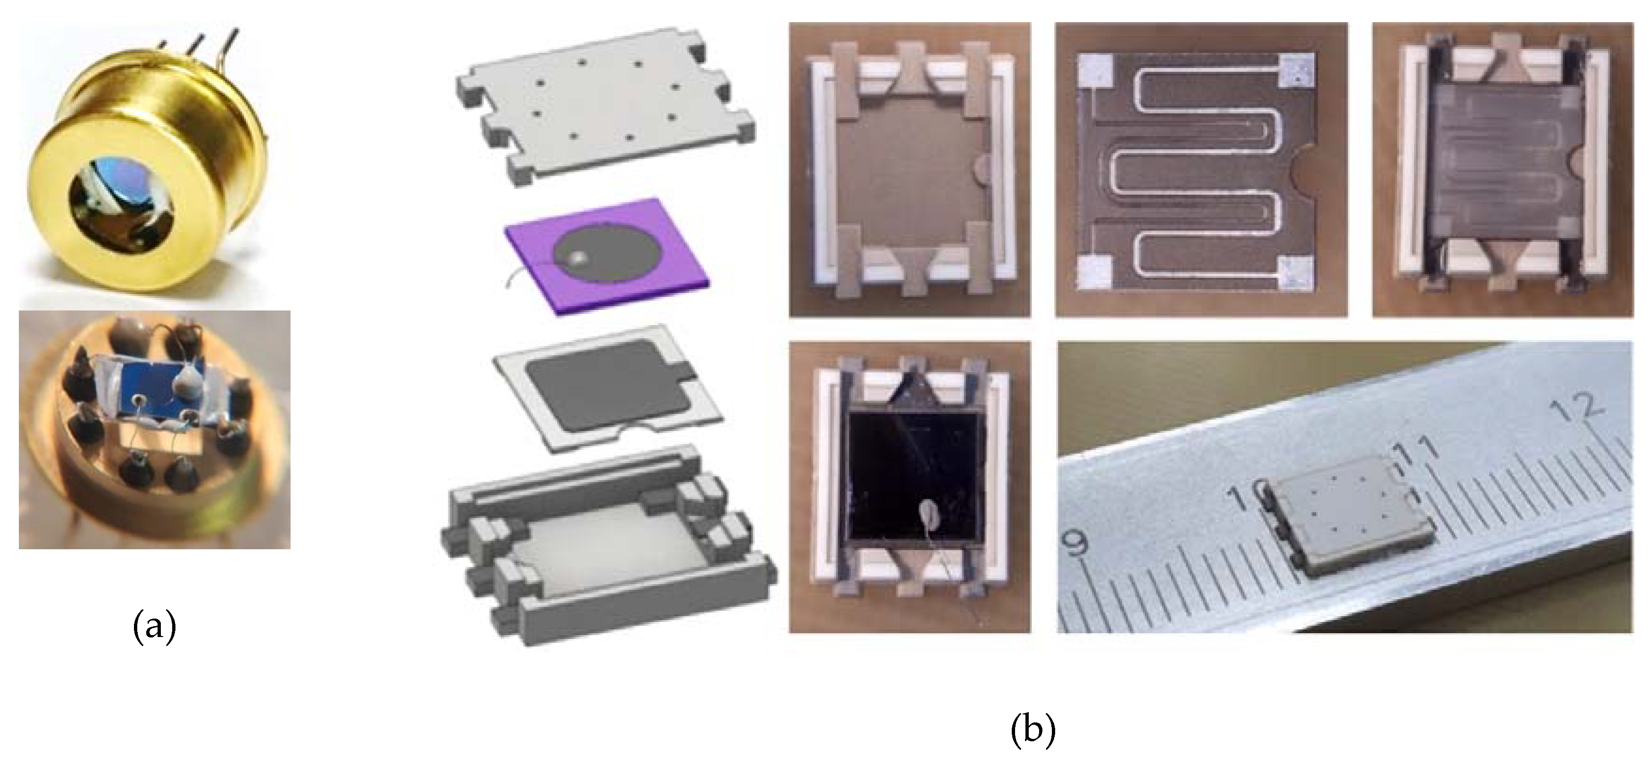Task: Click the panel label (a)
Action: coord(154,628)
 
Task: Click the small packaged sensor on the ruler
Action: coord(1344,525)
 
